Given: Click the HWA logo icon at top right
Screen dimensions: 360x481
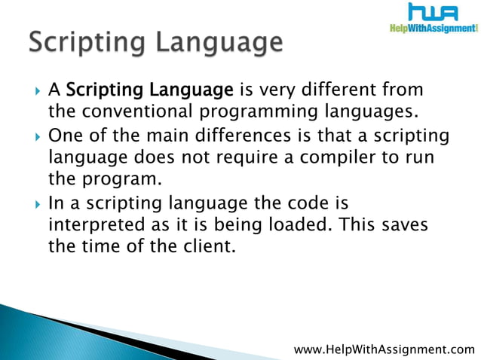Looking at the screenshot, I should tap(433, 13).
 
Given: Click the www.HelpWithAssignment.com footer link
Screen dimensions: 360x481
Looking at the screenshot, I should tap(384, 349).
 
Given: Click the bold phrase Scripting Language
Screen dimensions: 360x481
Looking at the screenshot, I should tap(149, 91).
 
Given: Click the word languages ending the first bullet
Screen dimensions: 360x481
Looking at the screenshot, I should tap(372, 113).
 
